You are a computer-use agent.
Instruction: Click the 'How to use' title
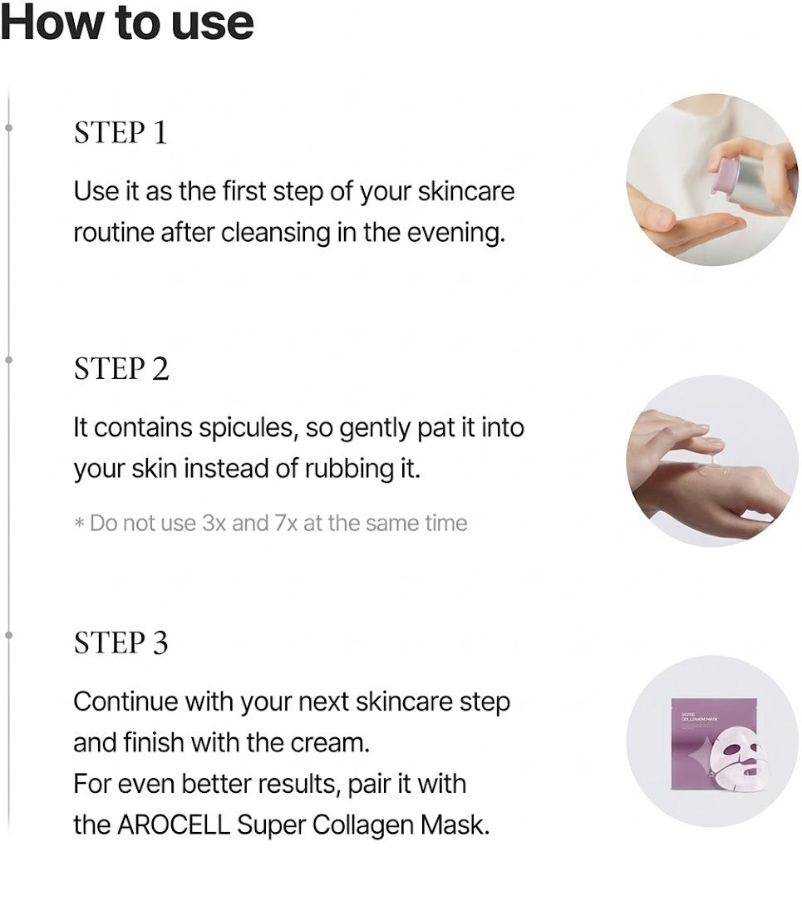tap(127, 23)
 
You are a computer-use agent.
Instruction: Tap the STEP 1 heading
tap(121, 132)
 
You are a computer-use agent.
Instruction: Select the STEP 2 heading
tap(121, 369)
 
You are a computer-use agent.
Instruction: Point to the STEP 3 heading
tap(121, 643)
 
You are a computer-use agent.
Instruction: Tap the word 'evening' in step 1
tap(456, 233)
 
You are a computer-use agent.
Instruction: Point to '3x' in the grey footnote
tap(214, 523)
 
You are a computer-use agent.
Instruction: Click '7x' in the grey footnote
tap(286, 523)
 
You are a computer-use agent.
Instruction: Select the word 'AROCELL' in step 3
tap(174, 825)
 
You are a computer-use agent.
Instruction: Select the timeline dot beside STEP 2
tap(8, 360)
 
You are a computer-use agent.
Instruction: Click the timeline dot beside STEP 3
tap(8, 635)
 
